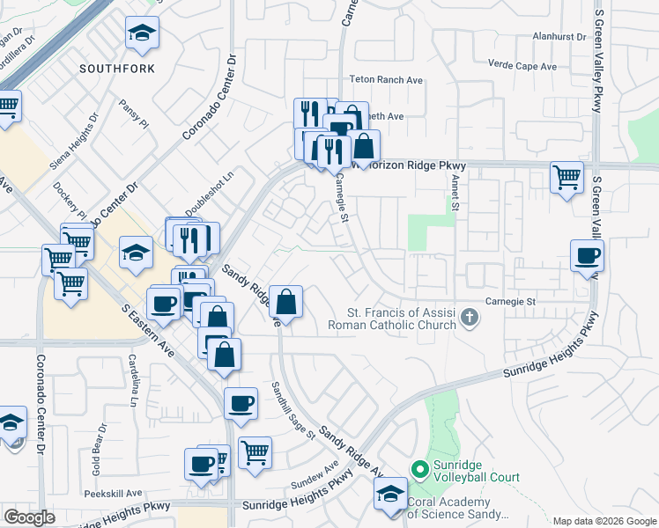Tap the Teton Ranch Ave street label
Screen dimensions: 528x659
point(386,80)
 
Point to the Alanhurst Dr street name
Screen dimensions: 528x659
point(559,37)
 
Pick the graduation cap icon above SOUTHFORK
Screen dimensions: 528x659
point(142,34)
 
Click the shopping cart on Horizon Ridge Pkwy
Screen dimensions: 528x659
point(566,176)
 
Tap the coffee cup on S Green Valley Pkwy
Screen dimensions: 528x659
point(587,256)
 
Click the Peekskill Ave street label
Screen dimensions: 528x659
point(114,494)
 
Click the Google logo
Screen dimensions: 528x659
point(29,517)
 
